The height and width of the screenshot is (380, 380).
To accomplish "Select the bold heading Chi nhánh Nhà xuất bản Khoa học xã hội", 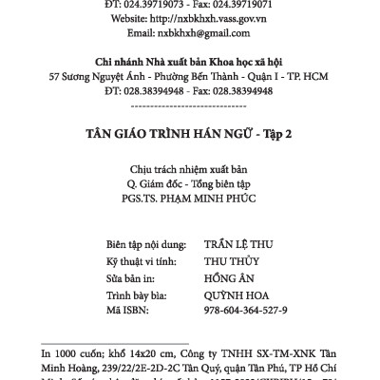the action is tap(190, 61).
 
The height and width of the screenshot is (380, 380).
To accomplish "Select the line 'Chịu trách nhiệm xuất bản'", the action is tap(190, 170).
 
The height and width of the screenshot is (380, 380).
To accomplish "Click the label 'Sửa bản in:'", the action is tap(133, 276).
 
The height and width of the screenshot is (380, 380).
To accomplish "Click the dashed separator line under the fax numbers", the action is tap(190, 105).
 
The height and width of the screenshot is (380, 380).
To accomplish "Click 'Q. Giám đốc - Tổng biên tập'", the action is tap(190, 184).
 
